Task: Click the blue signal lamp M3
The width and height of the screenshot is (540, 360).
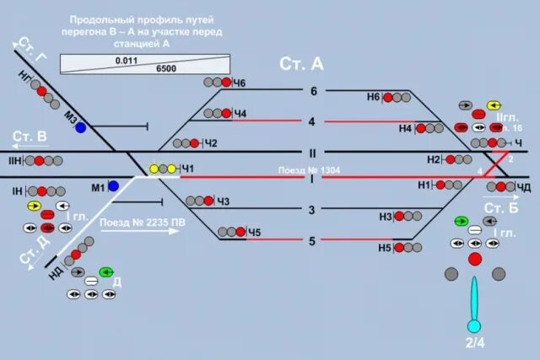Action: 80,128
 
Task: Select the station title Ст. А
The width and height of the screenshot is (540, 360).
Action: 301,64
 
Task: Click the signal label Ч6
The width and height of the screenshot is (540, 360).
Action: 240,83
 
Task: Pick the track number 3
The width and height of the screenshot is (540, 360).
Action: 312,210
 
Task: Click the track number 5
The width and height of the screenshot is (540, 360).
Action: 312,240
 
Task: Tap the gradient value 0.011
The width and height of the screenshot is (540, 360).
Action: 127,61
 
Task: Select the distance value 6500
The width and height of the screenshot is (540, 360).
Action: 166,68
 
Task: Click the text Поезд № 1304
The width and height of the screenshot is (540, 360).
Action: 310,170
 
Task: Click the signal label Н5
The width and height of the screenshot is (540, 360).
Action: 385,248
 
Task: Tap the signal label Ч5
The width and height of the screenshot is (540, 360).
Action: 254,233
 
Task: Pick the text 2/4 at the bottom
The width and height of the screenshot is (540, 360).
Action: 474,343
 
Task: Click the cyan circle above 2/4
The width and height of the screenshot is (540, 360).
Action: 474,326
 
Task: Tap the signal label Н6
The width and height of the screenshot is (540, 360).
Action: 374,97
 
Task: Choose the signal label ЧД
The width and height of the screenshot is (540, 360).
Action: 523,187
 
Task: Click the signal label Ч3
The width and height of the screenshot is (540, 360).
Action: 223,201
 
